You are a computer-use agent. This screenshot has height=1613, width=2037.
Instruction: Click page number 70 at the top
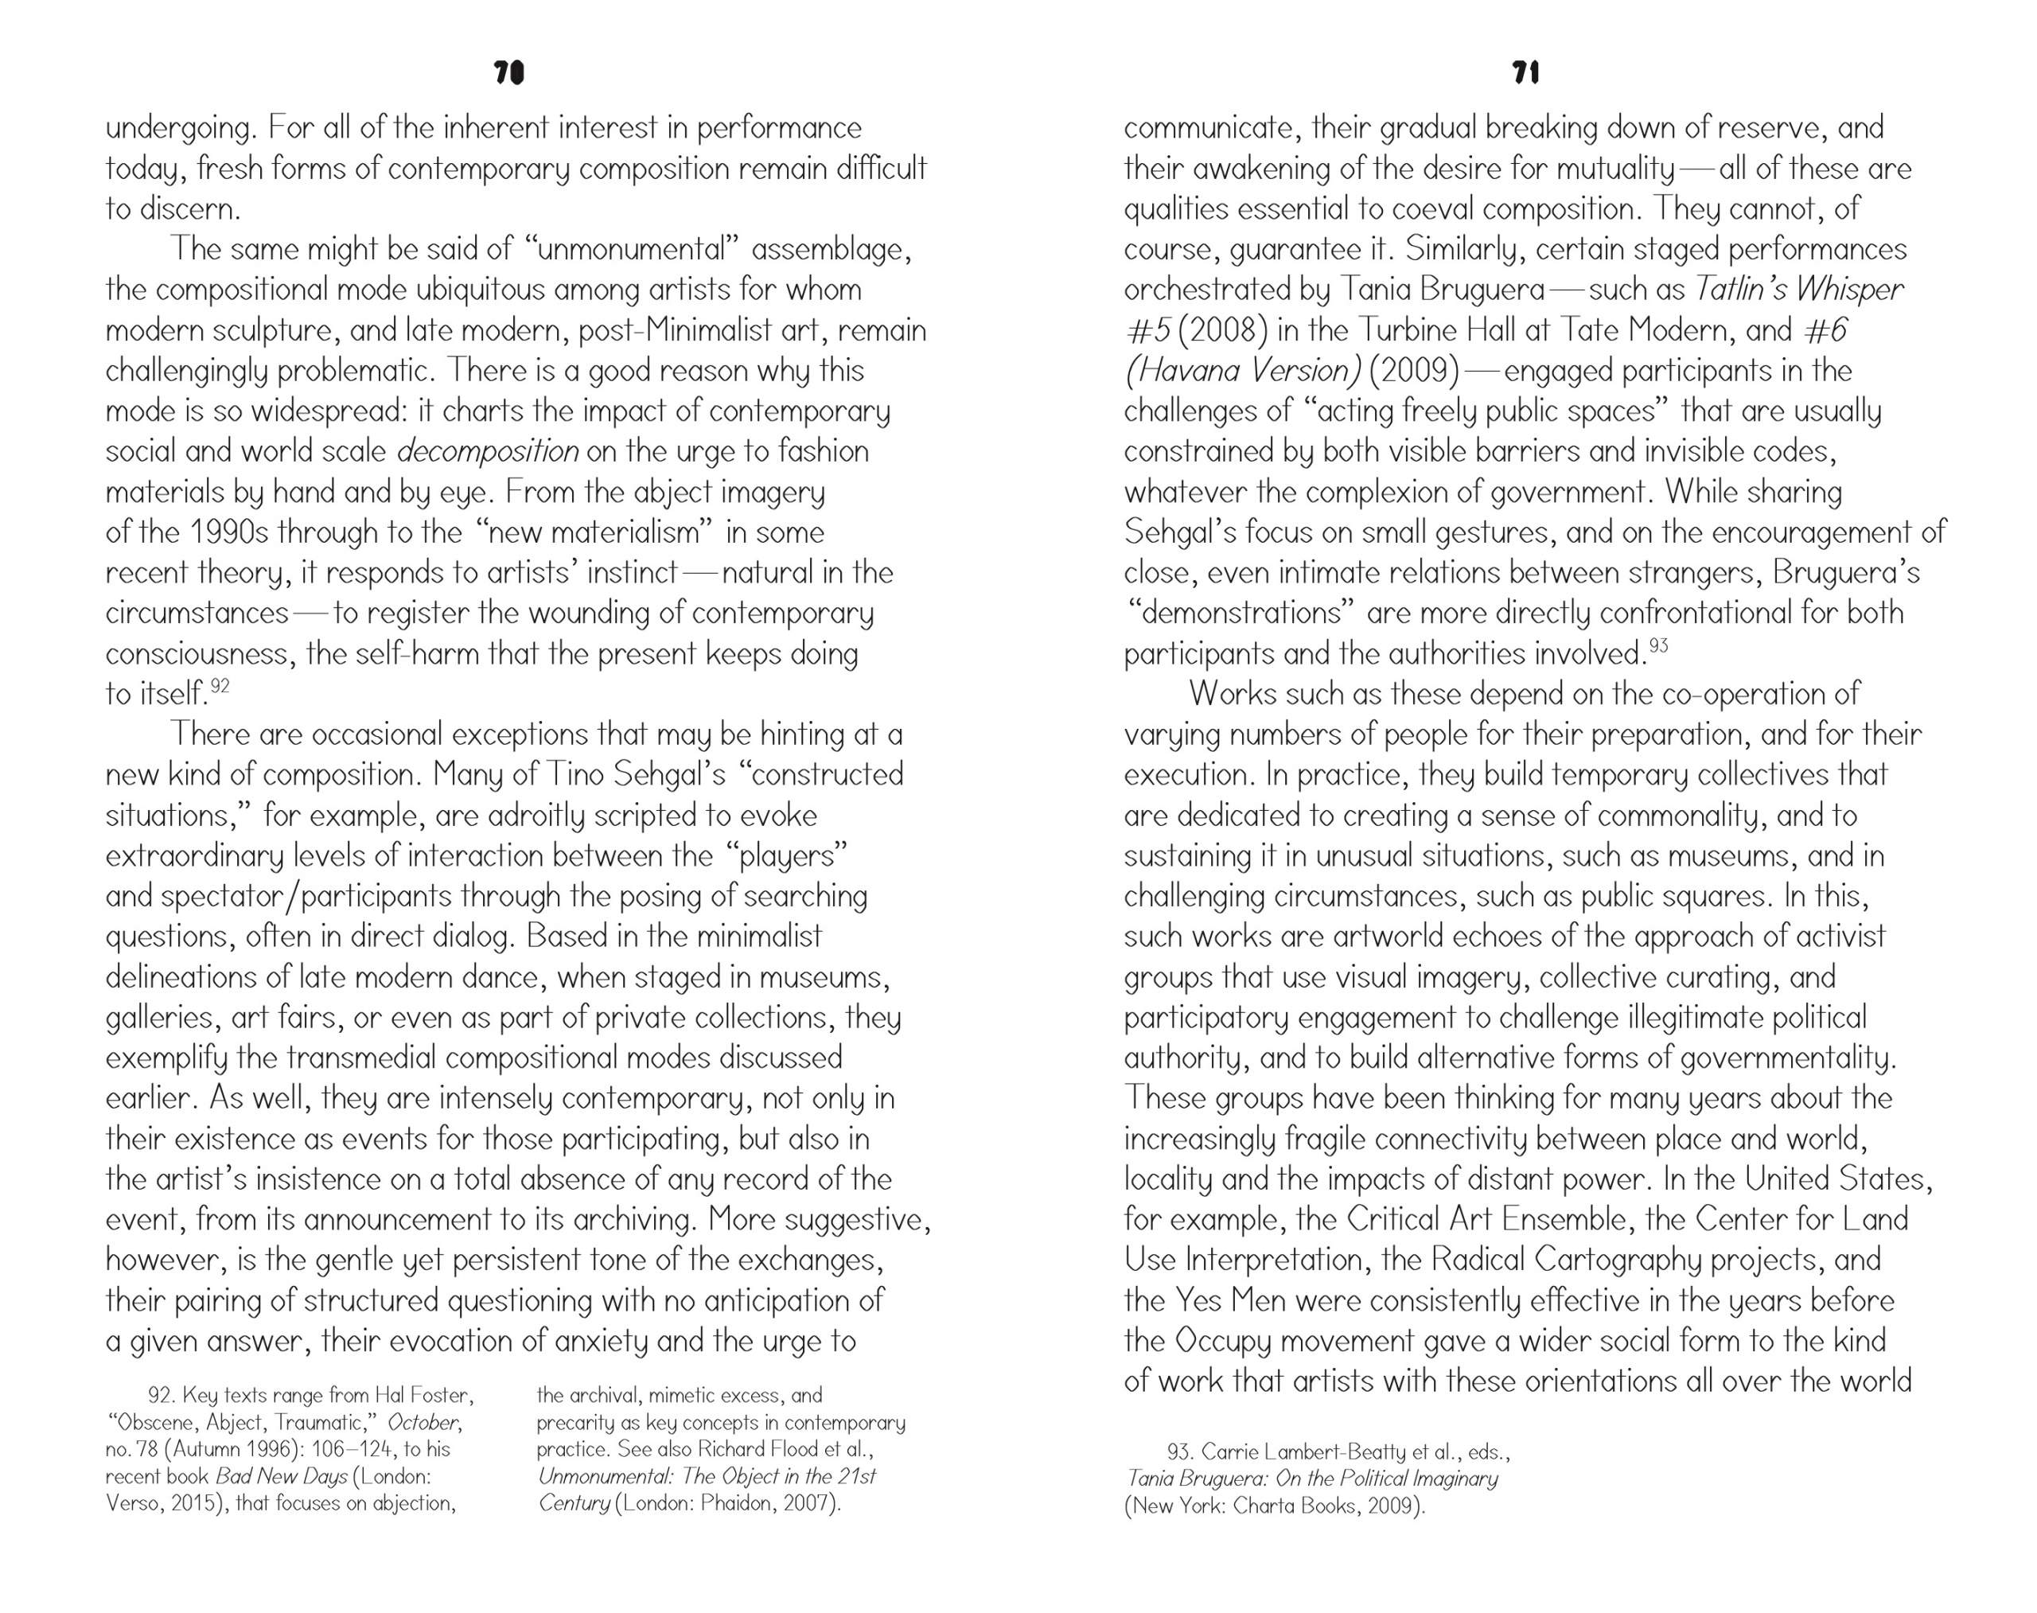tap(508, 74)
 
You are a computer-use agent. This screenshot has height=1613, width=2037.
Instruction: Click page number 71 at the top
tap(1526, 74)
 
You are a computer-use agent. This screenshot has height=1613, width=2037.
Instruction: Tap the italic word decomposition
tap(487, 451)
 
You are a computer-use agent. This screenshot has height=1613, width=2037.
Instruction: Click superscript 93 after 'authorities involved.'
tap(1658, 646)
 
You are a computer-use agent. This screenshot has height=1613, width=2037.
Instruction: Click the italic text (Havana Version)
tap(1243, 371)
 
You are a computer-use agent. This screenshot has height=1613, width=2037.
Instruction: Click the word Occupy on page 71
tap(1218, 1341)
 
